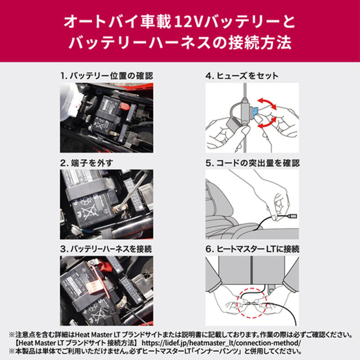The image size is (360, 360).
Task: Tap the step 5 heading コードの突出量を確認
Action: click(x=252, y=162)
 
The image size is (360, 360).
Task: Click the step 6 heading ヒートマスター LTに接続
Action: click(x=252, y=248)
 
